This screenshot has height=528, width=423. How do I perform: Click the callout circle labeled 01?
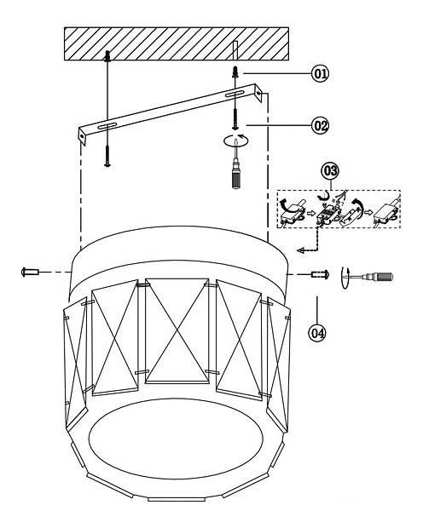[x=320, y=73]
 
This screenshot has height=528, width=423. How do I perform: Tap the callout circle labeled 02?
[x=320, y=125]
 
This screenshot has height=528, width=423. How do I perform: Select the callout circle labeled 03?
[x=330, y=171]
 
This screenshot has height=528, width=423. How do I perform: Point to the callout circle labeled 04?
[x=317, y=333]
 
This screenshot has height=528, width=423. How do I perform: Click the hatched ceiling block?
[x=177, y=43]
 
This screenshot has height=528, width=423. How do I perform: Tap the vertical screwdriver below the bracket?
[x=235, y=168]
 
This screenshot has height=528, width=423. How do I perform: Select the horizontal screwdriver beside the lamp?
[x=371, y=277]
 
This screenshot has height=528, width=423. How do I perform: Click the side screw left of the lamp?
[x=31, y=272]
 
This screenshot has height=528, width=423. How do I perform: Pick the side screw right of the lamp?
[x=320, y=274]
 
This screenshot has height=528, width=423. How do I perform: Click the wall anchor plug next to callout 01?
[x=235, y=72]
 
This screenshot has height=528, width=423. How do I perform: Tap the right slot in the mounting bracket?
[x=235, y=94]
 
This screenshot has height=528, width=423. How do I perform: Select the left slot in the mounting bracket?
[x=107, y=127]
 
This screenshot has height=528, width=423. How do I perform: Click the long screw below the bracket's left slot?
[x=107, y=156]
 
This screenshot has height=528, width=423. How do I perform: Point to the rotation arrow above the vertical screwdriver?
[x=235, y=140]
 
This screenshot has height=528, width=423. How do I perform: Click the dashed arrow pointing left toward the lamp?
[x=308, y=239]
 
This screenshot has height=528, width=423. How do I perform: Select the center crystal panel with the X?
[x=177, y=330]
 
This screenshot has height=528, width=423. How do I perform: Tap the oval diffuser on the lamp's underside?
[x=176, y=439]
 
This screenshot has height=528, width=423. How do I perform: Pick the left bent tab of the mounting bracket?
[x=83, y=135]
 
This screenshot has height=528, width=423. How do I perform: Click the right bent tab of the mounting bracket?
[x=258, y=93]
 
